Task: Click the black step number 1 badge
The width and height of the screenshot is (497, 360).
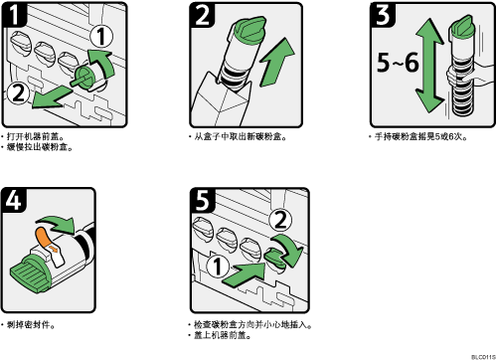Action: click(x=14, y=14)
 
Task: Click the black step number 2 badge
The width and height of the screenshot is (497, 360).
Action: click(x=202, y=15)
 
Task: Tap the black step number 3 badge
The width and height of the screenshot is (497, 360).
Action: click(x=383, y=15)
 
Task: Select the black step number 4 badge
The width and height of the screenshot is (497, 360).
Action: click(x=14, y=200)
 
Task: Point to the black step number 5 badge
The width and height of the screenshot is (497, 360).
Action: click(x=203, y=200)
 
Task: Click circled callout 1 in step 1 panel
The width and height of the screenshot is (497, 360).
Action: click(x=101, y=37)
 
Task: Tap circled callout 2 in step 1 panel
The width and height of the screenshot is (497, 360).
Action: click(x=19, y=93)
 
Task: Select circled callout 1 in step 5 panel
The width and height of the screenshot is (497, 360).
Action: click(x=218, y=267)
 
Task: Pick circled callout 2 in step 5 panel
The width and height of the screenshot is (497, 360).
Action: click(x=280, y=221)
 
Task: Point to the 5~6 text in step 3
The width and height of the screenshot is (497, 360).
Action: click(x=398, y=63)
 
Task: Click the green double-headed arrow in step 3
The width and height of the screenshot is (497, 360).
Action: click(x=429, y=67)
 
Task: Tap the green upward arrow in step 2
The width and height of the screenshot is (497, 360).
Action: click(x=276, y=62)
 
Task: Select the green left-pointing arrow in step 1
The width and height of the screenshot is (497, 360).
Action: click(x=52, y=97)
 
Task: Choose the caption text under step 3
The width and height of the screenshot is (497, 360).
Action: click(x=418, y=136)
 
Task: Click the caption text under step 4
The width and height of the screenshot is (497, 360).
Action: click(x=29, y=325)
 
